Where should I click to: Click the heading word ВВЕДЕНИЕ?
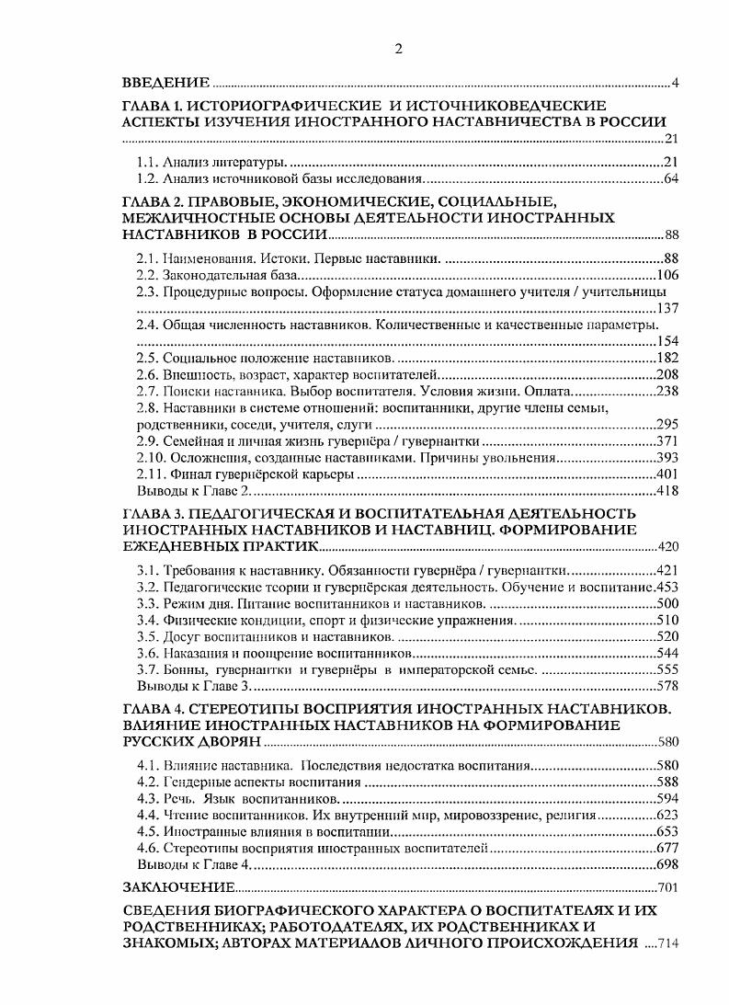[x=166, y=84]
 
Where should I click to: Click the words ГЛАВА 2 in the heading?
[x=150, y=201]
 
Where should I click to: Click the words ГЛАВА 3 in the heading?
[x=150, y=513]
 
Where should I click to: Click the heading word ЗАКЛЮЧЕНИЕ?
[x=178, y=888]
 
